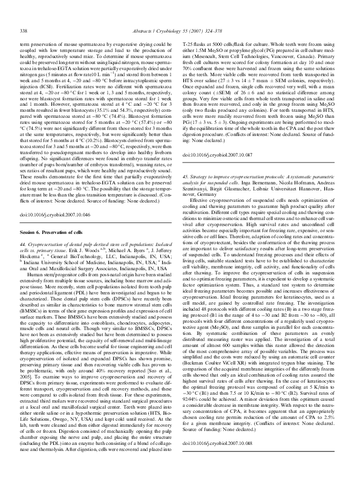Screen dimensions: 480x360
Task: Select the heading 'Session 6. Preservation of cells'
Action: (x=52, y=215)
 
